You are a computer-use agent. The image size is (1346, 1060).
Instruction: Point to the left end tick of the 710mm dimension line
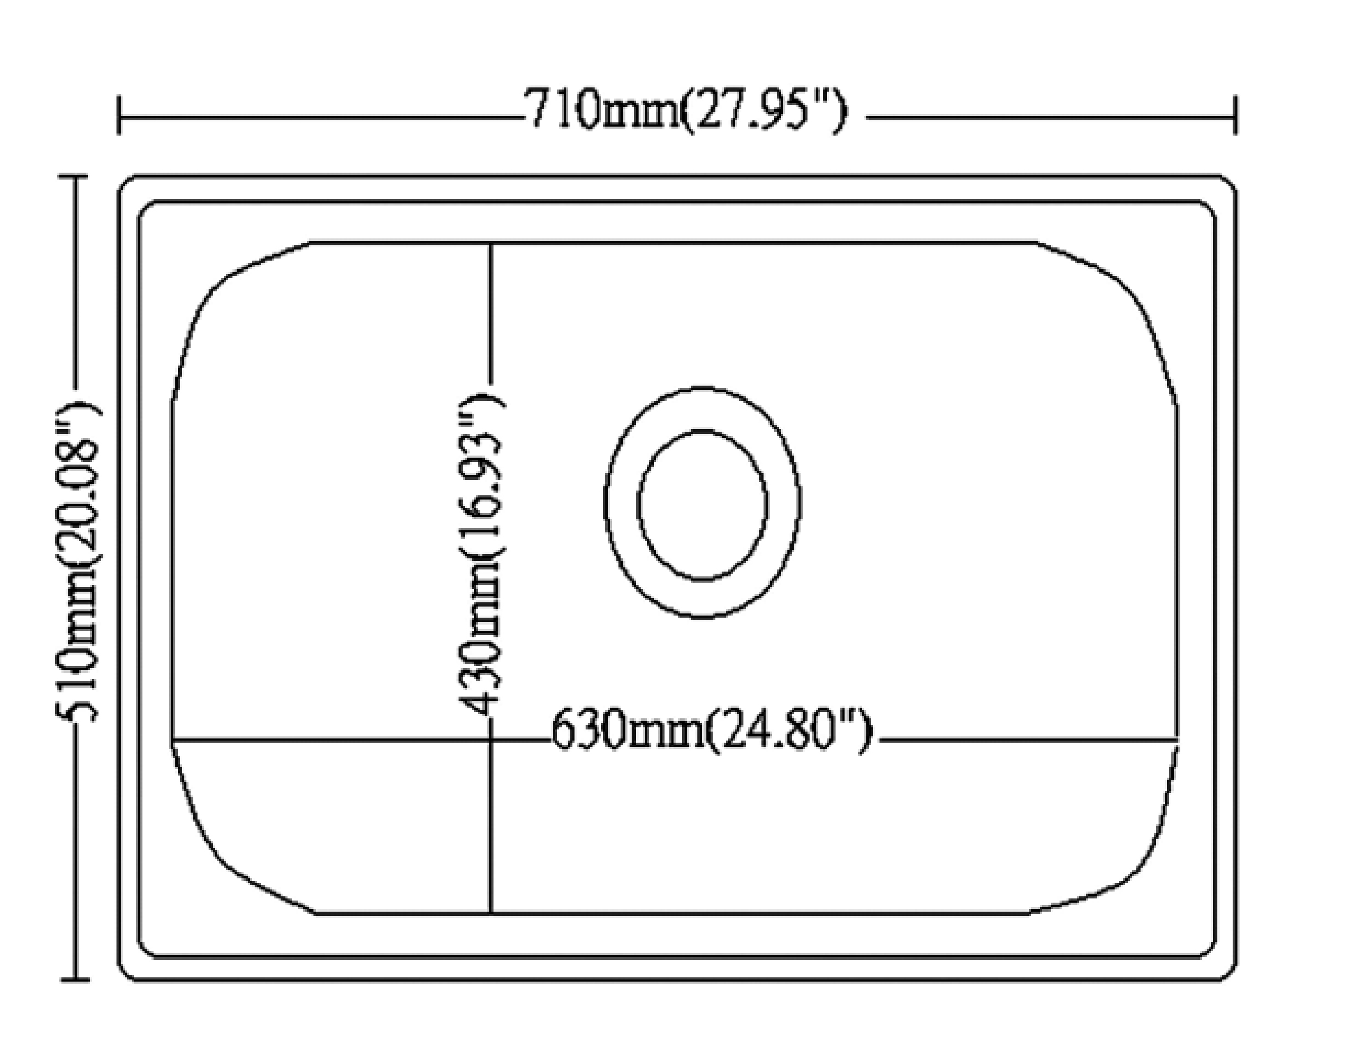click(119, 115)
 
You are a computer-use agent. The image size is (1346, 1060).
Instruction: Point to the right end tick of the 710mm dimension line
click(1235, 115)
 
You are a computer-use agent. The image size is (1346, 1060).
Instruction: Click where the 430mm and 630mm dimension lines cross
click(491, 740)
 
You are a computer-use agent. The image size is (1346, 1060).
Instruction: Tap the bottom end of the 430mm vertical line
click(491, 913)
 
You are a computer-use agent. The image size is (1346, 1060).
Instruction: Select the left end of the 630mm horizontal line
click(173, 740)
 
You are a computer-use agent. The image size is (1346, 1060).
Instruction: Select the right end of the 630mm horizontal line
click(1177, 739)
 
